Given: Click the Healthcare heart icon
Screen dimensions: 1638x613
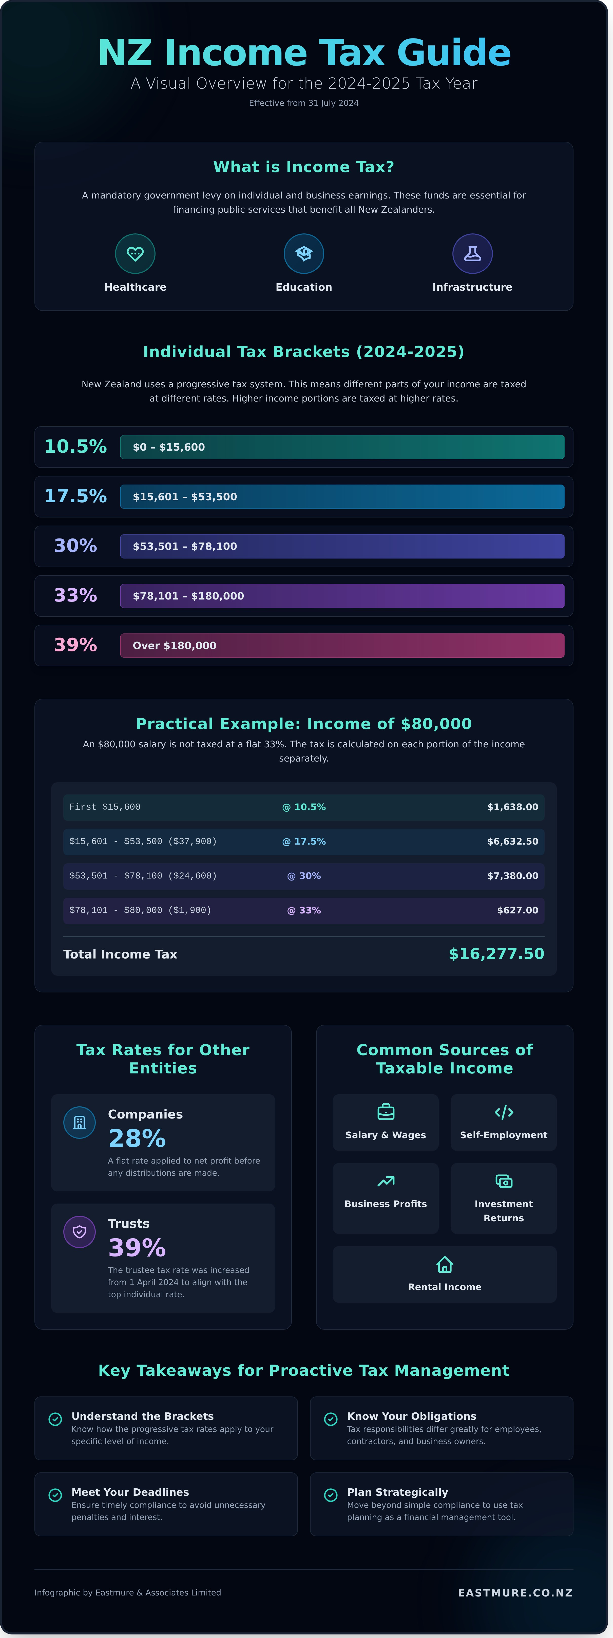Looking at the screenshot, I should (135, 254).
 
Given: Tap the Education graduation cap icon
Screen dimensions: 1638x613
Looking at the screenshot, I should (303, 254).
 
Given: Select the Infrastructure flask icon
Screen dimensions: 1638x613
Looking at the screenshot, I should (472, 254).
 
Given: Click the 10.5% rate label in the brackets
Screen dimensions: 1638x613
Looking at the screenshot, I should (75, 446).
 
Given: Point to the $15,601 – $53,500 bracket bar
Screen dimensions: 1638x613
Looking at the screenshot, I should (341, 497).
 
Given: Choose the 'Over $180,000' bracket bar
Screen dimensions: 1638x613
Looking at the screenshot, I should (341, 645).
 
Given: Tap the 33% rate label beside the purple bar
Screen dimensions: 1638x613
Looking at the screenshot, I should (75, 595).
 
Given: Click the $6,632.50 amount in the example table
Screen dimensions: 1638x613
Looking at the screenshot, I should (512, 841).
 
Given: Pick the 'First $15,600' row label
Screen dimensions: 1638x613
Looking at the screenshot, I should (105, 807).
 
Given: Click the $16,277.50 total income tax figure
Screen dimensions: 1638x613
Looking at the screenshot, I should (496, 954).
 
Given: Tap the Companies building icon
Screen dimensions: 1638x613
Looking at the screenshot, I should (80, 1122).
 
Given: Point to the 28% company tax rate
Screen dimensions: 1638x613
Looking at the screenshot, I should (137, 1138).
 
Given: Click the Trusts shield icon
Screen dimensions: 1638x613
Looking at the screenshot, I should (80, 1232).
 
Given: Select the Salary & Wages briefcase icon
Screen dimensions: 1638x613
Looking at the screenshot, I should (385, 1112).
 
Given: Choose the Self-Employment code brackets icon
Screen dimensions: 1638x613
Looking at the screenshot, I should (504, 1112).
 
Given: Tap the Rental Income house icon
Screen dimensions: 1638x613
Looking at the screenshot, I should (445, 1264).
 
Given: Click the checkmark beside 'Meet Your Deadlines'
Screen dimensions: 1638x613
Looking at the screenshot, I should (55, 1495).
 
